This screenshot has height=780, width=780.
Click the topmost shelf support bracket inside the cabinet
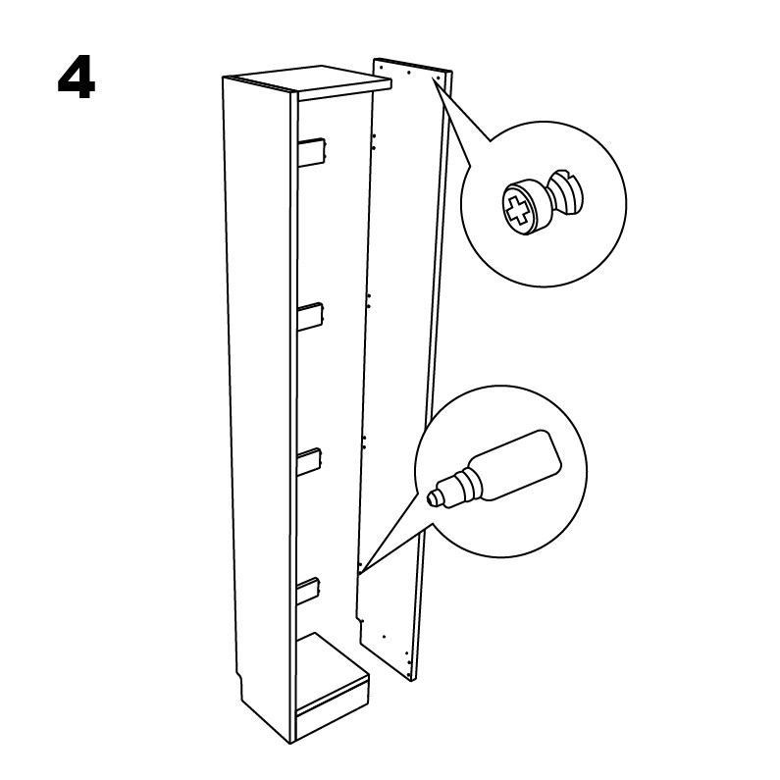coord(312,151)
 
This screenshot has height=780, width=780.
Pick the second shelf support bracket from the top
coord(311,316)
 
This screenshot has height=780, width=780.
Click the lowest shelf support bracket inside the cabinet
coord(308,591)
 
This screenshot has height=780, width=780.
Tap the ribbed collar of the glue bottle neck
coord(469,485)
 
